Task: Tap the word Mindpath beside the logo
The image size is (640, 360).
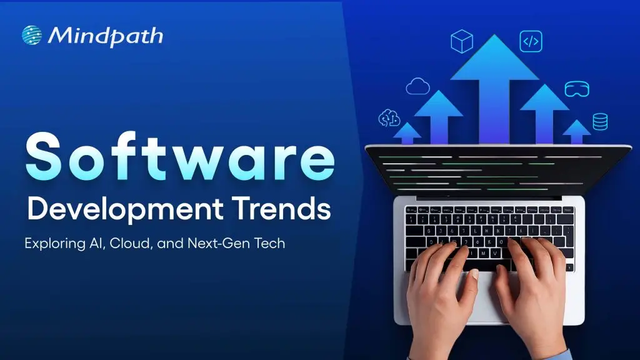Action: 105,36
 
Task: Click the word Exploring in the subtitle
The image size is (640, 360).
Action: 54,243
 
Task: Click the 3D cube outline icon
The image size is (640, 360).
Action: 461,41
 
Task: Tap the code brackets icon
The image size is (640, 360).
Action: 531,41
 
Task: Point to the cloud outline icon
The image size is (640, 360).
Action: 417,86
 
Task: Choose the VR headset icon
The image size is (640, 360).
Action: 576,89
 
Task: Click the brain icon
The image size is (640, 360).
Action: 389,117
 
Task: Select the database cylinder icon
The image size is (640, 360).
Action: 600,121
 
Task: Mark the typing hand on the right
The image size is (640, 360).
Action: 531,294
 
